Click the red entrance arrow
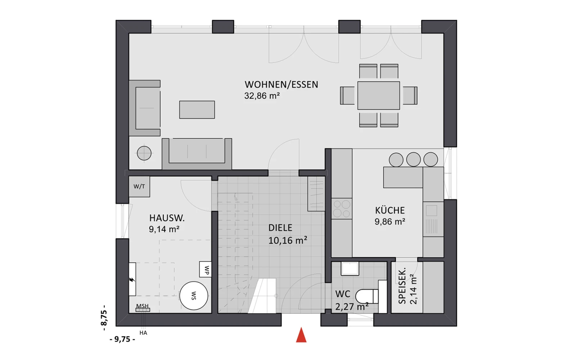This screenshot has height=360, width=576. click(x=301, y=335)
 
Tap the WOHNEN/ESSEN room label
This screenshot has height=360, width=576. click(x=281, y=85)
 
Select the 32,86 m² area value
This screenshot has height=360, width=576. click(x=262, y=96)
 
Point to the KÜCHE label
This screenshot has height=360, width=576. click(x=390, y=210)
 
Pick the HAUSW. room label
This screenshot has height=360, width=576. click(x=167, y=218)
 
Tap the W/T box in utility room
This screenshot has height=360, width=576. click(x=139, y=187)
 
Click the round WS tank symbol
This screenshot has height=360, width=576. click(x=194, y=296)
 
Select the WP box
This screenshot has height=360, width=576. click(x=206, y=270)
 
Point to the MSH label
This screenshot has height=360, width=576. click(x=142, y=306)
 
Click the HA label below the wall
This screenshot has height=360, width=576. click(x=143, y=333)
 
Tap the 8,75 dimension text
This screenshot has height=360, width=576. click(x=104, y=318)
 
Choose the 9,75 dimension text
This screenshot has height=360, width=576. click(x=122, y=339)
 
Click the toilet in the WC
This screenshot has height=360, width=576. click(x=367, y=297)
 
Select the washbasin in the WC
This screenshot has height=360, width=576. click(x=350, y=269)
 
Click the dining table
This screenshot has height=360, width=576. click(x=378, y=96)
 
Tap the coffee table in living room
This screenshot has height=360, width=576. click(x=197, y=110)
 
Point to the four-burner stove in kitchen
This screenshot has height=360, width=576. click(x=342, y=208)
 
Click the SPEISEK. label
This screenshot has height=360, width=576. click(x=402, y=286)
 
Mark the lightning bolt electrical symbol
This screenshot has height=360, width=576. click(x=132, y=279)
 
